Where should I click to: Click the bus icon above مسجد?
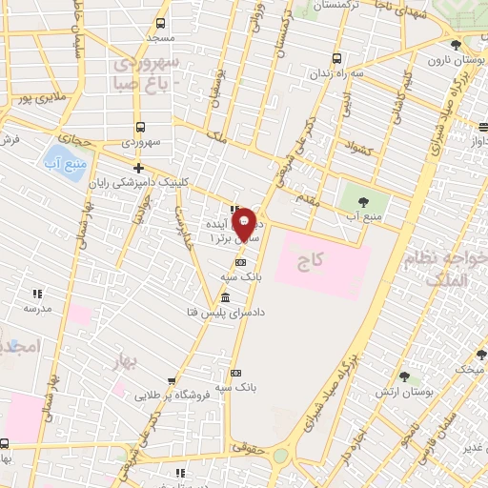pos(160,23)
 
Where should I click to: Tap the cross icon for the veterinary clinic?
pos(139,168)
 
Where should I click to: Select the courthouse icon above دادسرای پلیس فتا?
pos(235,296)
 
